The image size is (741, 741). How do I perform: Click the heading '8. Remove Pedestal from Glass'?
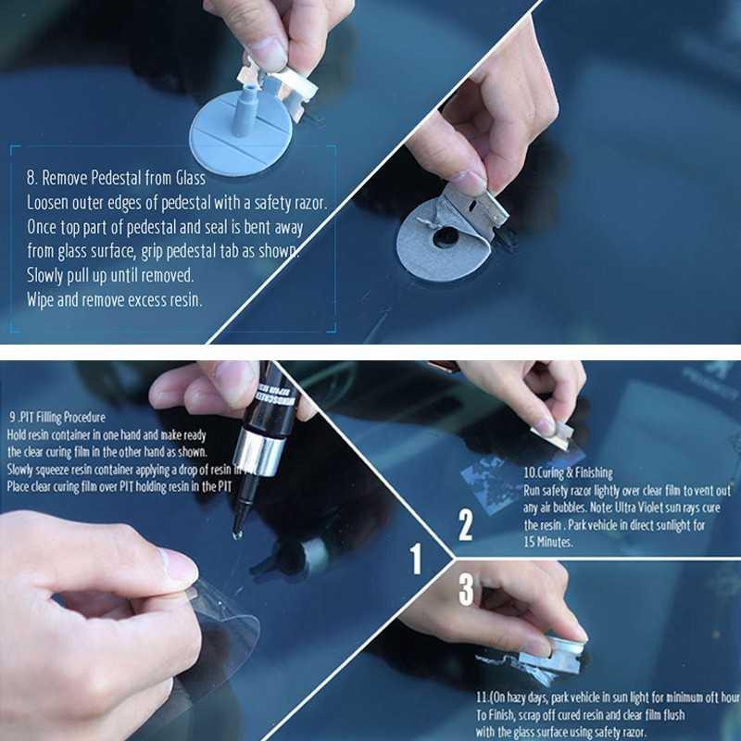point(116,176)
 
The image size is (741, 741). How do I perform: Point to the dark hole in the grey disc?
point(446,235)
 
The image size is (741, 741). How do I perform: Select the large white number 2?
point(466,525)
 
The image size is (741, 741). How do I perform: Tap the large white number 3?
point(466,589)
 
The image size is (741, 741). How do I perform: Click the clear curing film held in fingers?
point(222,630)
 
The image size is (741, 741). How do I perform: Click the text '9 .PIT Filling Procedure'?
point(57,418)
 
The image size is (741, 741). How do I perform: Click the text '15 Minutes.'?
point(548,542)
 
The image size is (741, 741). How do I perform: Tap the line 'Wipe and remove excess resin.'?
point(114,299)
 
